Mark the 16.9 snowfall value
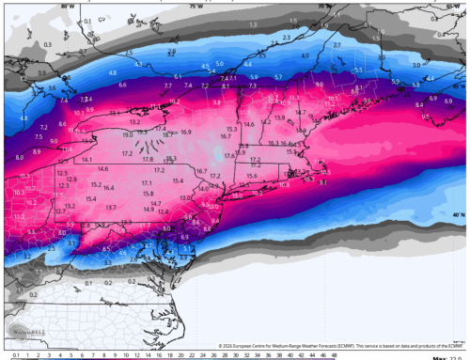(x=185, y=133)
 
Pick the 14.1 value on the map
(x=87, y=160)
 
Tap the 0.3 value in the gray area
(x=20, y=43)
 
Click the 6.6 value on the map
(x=123, y=85)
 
